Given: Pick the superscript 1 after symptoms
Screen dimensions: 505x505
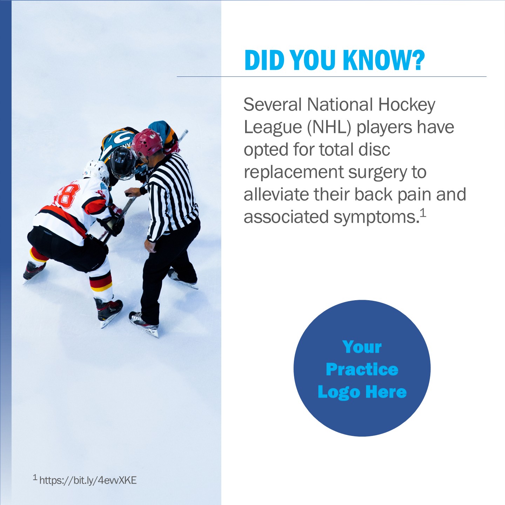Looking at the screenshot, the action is (x=423, y=213).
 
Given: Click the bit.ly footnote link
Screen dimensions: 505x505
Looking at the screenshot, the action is (x=88, y=480).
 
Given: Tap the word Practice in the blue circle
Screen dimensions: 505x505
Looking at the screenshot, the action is (x=362, y=369).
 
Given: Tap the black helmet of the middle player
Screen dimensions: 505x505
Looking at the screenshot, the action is (x=122, y=163).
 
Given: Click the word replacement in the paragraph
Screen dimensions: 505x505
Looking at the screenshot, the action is (x=294, y=172).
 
